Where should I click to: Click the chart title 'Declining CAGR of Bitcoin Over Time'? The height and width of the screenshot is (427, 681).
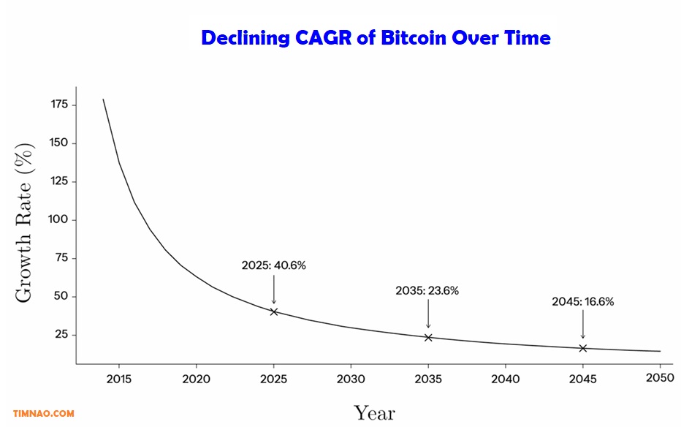376,38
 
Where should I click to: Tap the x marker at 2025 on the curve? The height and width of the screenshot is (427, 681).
274,311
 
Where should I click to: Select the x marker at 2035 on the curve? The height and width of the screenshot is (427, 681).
428,337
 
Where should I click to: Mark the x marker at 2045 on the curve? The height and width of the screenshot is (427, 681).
582,348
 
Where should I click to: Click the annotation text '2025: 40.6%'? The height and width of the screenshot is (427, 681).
274,265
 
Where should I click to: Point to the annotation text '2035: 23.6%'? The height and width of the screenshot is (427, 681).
427,290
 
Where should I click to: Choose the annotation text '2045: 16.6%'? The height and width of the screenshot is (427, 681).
582,301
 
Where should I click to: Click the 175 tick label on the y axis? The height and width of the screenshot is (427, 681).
59,105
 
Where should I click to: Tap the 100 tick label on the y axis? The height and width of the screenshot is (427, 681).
59,219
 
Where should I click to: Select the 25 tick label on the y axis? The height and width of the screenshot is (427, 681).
61,335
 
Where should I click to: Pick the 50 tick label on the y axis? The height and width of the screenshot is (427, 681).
61,296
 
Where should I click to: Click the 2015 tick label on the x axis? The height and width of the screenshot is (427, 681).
119,379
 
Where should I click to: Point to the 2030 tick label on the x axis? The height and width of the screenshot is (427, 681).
351,379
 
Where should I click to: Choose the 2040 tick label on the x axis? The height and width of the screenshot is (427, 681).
505,379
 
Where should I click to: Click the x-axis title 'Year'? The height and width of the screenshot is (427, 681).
374,412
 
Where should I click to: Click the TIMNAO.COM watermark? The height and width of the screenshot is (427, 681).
44,414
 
